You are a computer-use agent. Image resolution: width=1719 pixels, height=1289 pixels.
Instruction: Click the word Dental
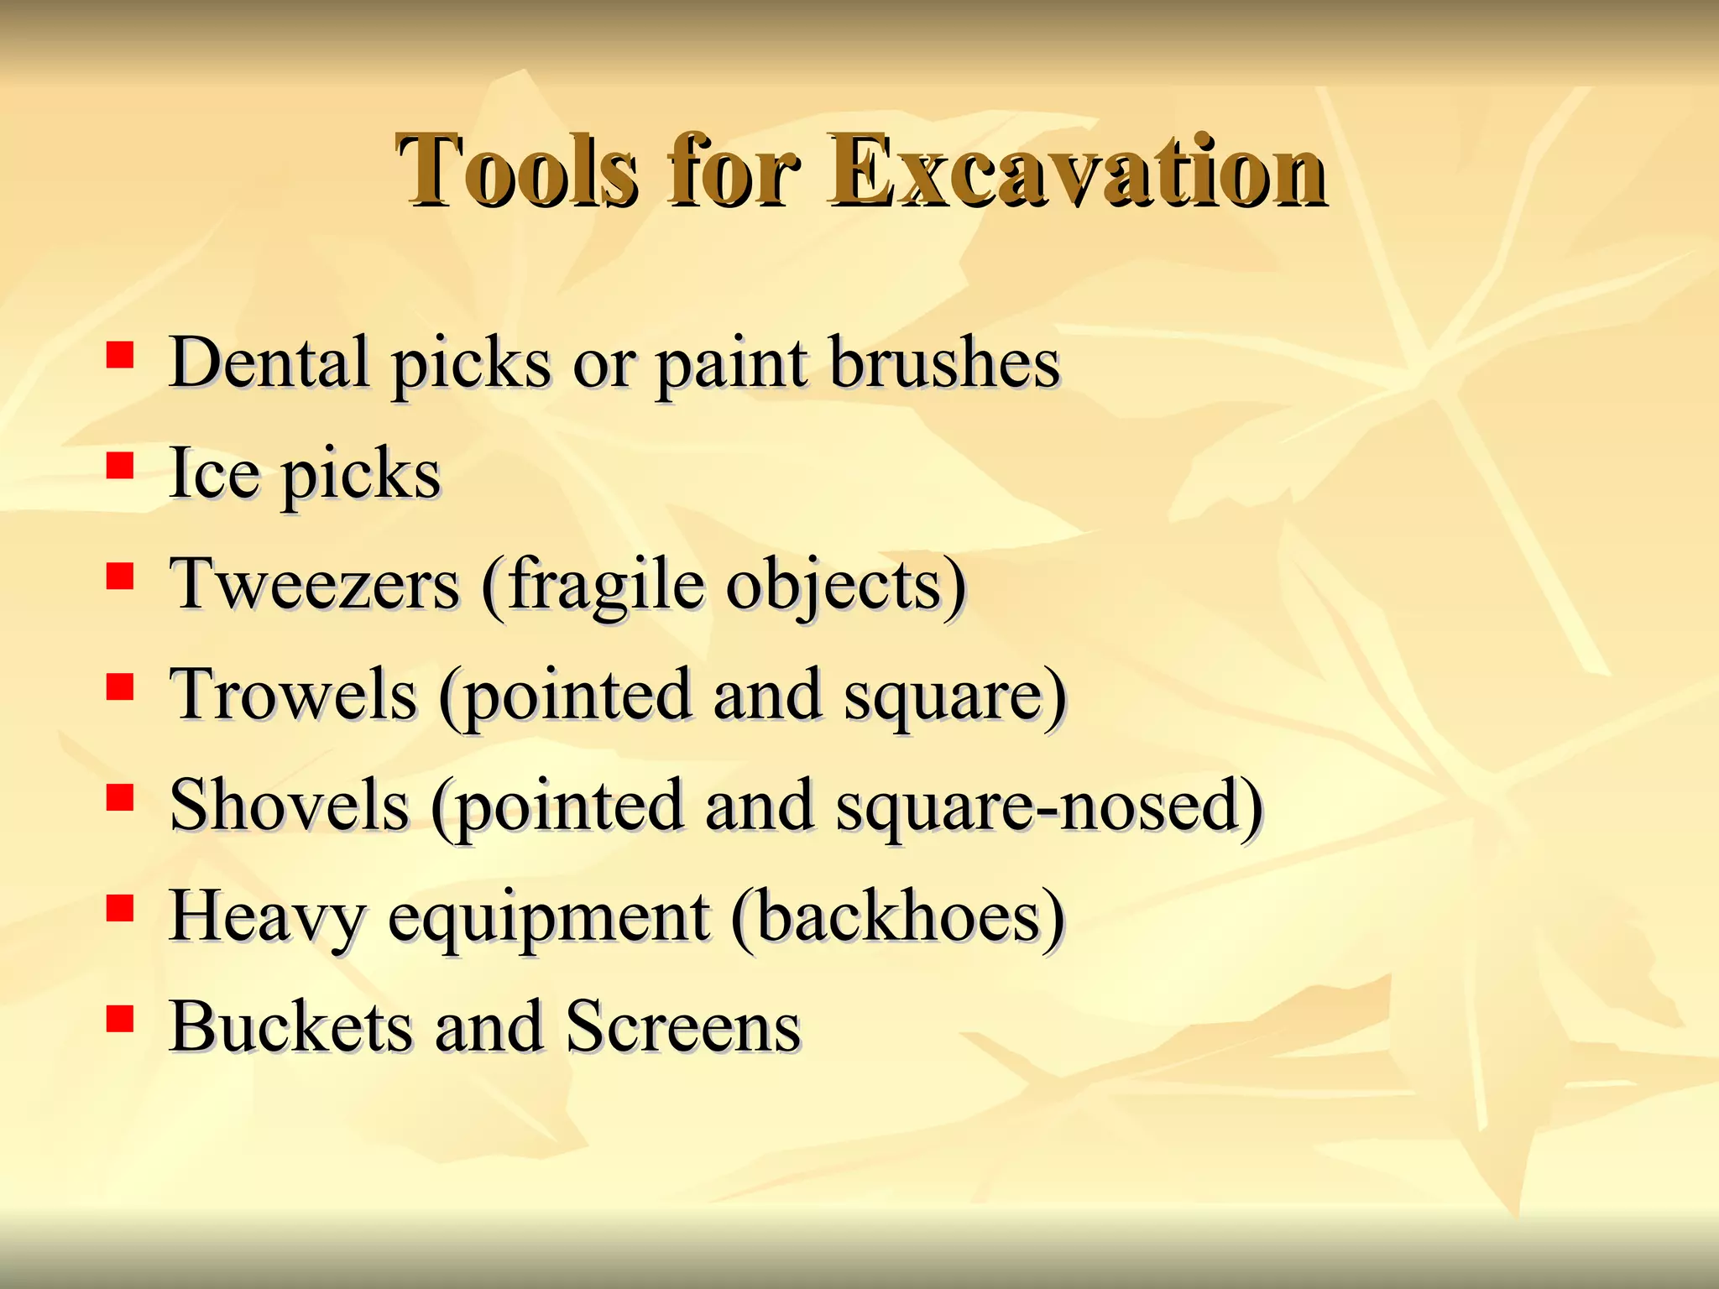point(269,363)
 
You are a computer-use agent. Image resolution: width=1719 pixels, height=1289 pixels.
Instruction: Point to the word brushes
point(944,363)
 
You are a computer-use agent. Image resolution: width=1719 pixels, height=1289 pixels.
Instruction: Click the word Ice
point(213,473)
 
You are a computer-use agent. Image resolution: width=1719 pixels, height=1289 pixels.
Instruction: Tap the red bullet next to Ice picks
point(120,466)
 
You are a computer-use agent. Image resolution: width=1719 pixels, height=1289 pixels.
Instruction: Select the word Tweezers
point(315,584)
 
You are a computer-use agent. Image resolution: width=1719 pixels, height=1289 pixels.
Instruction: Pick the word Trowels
point(293,695)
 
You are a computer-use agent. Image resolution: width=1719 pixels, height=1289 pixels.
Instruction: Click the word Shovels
point(289,806)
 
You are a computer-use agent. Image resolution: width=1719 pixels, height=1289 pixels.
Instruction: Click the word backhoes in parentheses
point(898,916)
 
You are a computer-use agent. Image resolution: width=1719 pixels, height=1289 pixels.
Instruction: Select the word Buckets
point(290,1027)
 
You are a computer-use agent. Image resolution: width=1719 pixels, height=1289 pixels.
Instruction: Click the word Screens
point(682,1027)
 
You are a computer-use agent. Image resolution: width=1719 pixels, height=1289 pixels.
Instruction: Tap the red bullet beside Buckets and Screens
point(120,1019)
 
